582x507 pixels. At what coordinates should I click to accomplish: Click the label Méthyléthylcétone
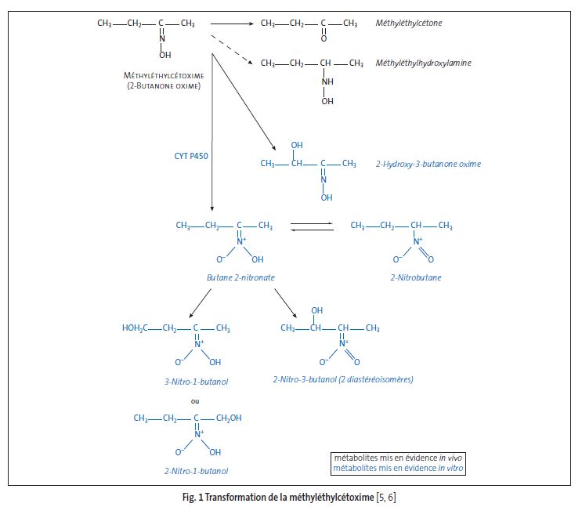[409, 24]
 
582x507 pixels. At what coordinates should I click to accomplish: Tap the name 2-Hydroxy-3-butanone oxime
[428, 165]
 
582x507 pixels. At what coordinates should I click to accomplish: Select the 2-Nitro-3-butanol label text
[343, 379]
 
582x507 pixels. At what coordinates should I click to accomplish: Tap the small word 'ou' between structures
[196, 401]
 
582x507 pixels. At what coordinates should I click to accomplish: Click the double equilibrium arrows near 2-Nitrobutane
[313, 226]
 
